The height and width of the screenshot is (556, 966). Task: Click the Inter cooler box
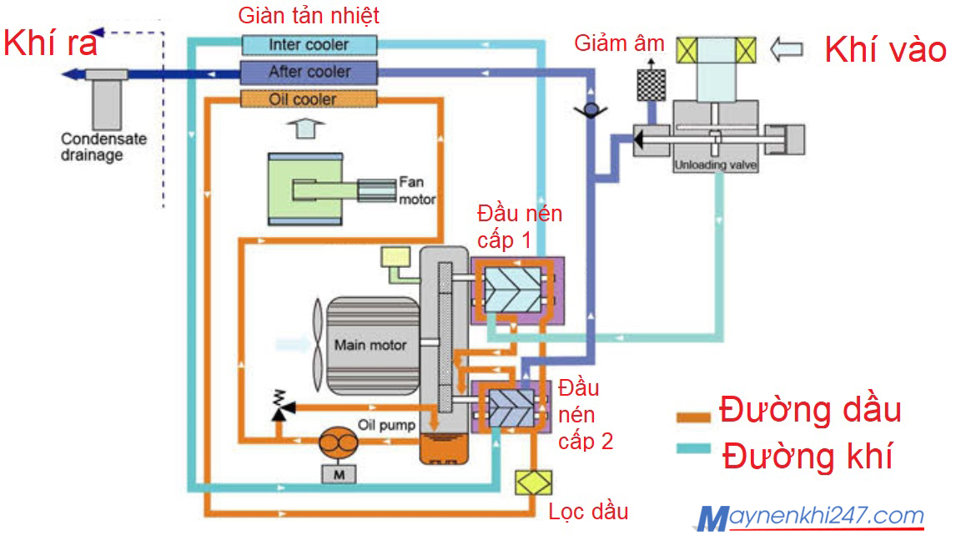pyautogui.click(x=309, y=44)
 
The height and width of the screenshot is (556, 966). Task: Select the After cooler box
pyautogui.click(x=309, y=72)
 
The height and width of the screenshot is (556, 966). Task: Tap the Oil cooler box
pyautogui.click(x=309, y=99)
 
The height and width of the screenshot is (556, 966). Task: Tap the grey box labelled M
pyautogui.click(x=337, y=473)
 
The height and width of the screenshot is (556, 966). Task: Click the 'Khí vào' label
pyautogui.click(x=885, y=50)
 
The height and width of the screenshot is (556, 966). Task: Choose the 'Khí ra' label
pyautogui.click(x=50, y=43)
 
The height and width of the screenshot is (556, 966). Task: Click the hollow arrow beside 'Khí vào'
pyautogui.click(x=786, y=50)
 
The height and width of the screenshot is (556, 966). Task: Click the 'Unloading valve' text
pyautogui.click(x=715, y=166)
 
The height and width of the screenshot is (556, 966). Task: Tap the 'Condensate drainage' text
pyautogui.click(x=92, y=148)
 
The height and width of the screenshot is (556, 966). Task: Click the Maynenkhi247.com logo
pyautogui.click(x=809, y=518)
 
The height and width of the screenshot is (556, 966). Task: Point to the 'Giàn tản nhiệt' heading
pyautogui.click(x=309, y=15)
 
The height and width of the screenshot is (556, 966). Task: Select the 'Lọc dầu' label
pyautogui.click(x=588, y=511)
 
